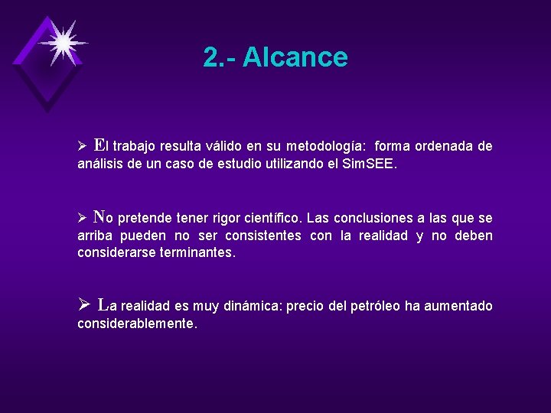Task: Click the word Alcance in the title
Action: (x=295, y=57)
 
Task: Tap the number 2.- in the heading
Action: (x=220, y=57)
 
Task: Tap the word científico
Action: (x=272, y=219)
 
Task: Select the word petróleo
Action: (x=375, y=307)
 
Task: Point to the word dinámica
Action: (x=253, y=307)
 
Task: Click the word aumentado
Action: (x=459, y=307)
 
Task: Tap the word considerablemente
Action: (x=137, y=324)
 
